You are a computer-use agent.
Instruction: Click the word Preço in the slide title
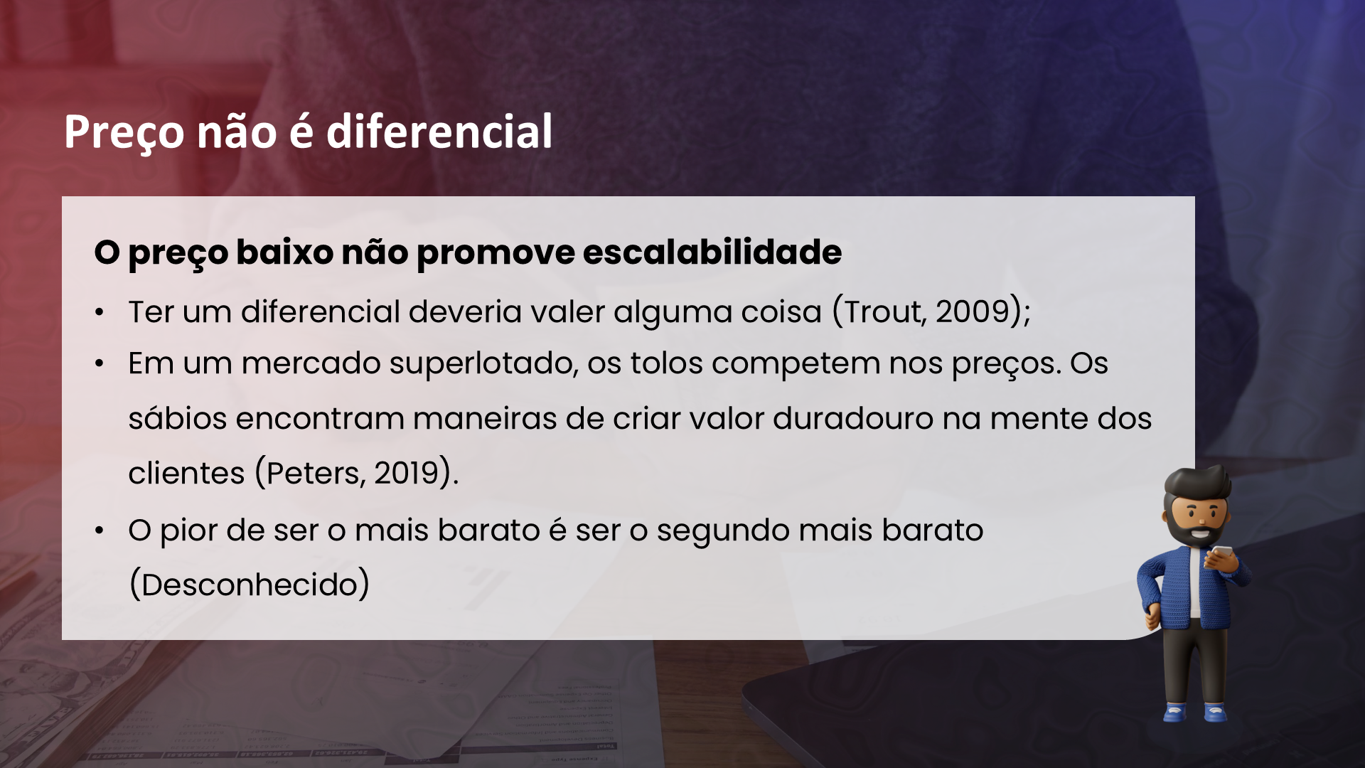pos(124,133)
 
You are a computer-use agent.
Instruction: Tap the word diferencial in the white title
pos(439,132)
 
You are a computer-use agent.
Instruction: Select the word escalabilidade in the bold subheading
pos(712,252)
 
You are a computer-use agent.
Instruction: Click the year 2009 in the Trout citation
pos(973,311)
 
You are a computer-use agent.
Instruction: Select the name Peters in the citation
pos(313,473)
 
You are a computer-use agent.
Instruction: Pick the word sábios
pos(178,418)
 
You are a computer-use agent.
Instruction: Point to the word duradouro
pos(853,418)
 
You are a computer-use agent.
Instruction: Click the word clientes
pos(186,473)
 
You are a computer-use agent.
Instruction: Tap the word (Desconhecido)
pos(250,585)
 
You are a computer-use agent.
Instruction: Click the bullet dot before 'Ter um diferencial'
pos(100,312)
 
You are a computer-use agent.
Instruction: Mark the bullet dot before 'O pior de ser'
pos(100,530)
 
